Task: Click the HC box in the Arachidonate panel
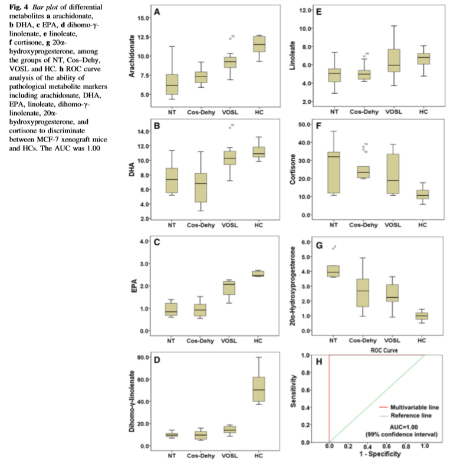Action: (258, 44)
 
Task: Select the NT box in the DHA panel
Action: (172, 180)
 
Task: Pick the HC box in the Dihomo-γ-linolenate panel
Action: (258, 389)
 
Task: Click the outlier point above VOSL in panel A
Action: (230, 39)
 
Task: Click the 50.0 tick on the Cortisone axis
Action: (306, 125)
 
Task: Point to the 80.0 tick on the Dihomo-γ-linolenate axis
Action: (141, 357)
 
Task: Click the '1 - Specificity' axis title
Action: (377, 455)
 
